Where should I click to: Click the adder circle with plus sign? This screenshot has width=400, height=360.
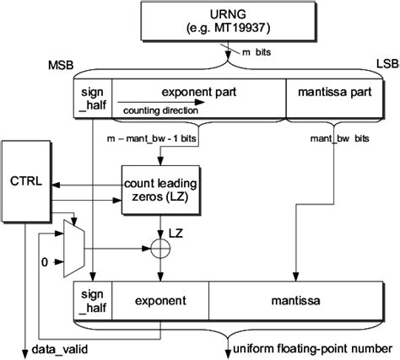[x=159, y=248]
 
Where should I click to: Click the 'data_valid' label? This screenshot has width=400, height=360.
[x=60, y=348]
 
